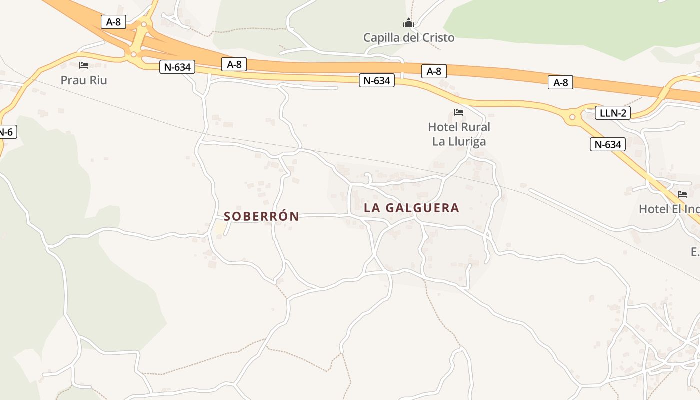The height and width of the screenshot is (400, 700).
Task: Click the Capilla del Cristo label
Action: [x=409, y=37]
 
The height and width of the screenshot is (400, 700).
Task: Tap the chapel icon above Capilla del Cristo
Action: [x=409, y=23]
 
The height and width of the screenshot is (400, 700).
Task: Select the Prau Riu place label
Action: [x=84, y=80]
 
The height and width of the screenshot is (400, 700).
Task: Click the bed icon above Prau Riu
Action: [x=84, y=65]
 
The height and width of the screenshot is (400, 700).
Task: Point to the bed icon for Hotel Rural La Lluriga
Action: [x=459, y=112]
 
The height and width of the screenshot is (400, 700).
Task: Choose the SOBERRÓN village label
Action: [x=261, y=216]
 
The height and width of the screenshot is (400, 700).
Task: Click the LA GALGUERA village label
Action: [x=411, y=208]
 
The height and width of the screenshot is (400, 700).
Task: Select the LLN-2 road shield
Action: [x=613, y=113]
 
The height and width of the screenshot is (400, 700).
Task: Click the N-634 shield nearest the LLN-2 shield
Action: [x=608, y=145]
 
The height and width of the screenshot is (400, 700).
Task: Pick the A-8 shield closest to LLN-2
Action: [x=560, y=82]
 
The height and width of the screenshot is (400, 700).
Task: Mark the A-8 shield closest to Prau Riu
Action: [x=113, y=22]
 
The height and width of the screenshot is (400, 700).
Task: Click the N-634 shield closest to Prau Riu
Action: [x=177, y=67]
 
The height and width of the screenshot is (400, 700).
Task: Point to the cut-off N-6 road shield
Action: [x=7, y=132]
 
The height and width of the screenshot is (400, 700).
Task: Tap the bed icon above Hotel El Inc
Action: [x=682, y=194]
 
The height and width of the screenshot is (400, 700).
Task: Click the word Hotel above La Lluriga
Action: [x=443, y=127]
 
